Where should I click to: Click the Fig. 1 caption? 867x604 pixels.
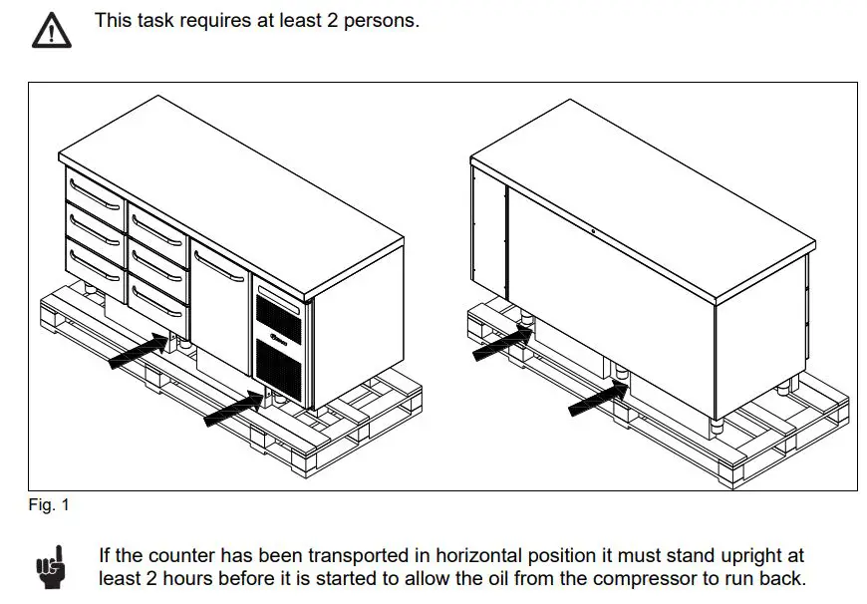(x=49, y=505)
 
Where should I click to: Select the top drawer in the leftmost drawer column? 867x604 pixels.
(x=94, y=190)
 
